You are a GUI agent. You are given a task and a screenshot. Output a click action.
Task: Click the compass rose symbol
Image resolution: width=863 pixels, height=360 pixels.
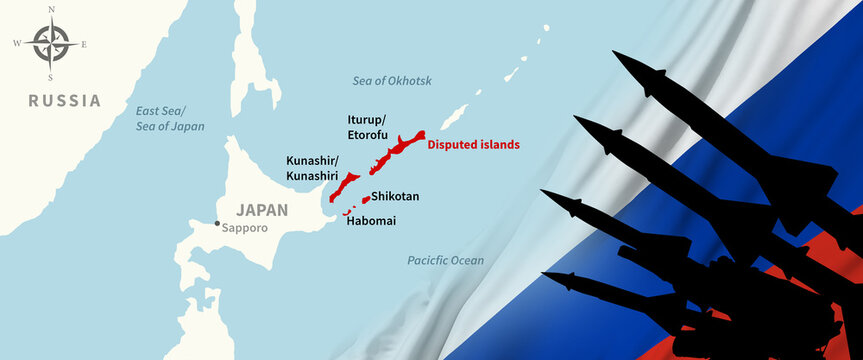pyautogui.click(x=50, y=44)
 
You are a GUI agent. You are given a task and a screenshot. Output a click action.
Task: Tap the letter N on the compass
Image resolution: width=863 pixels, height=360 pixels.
pyautogui.click(x=50, y=10)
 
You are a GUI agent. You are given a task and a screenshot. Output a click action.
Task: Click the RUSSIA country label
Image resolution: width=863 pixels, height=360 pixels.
pyautogui.click(x=64, y=100)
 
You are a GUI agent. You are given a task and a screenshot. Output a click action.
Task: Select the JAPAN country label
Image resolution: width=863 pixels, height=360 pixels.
pyautogui.click(x=262, y=210)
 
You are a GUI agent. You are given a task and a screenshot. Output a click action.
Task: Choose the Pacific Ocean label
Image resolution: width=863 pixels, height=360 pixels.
pyautogui.click(x=445, y=260)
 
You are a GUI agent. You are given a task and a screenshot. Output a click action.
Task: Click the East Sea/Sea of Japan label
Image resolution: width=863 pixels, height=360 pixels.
pyautogui.click(x=170, y=118)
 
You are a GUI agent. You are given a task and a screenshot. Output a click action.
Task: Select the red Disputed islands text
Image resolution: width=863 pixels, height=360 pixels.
pyautogui.click(x=473, y=144)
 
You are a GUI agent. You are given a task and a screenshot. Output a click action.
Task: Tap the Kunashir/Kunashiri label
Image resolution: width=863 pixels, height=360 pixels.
pyautogui.click(x=312, y=168)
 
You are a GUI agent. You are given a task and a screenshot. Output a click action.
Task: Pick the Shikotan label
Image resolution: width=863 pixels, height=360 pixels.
pyautogui.click(x=395, y=197)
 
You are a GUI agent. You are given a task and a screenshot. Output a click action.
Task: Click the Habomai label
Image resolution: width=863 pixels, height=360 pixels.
pyautogui.click(x=370, y=219)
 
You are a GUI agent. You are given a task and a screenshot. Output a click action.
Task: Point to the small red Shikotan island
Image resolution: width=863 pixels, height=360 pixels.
pyautogui.click(x=366, y=198)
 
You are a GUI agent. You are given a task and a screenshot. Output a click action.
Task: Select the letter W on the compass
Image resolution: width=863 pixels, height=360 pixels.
pyautogui.click(x=17, y=44)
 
